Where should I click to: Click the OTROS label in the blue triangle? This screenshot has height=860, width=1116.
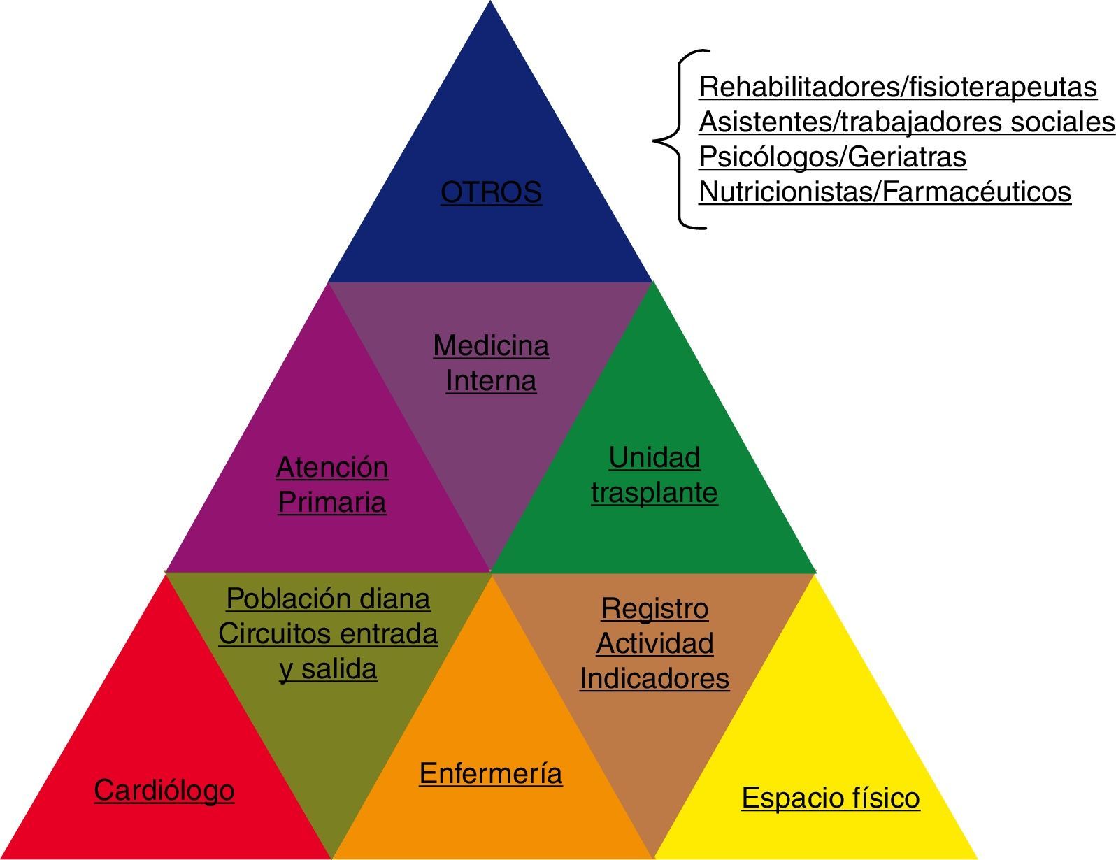click(491, 192)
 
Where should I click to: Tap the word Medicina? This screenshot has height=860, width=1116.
click(491, 345)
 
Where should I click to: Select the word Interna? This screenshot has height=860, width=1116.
click(491, 381)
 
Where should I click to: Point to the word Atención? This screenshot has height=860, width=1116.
click(332, 467)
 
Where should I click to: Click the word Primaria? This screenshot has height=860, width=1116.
click(332, 502)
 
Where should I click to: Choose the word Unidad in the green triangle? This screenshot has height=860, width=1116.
click(654, 457)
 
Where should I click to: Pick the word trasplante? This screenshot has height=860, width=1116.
click(654, 492)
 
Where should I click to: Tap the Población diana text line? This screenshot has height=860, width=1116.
click(328, 599)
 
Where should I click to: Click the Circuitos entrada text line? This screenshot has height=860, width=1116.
click(328, 633)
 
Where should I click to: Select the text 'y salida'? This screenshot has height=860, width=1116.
click(328, 668)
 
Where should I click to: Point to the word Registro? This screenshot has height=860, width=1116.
click(654, 608)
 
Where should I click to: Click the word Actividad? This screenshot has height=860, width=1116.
click(654, 643)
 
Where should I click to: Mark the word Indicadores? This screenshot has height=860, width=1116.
click(654, 678)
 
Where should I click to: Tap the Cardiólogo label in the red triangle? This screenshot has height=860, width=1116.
click(164, 791)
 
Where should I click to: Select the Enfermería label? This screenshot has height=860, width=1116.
click(491, 773)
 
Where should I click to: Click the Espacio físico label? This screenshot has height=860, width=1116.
click(831, 798)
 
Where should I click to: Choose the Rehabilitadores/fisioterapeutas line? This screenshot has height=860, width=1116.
click(898, 87)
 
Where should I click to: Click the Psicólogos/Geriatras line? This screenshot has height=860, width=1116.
click(832, 157)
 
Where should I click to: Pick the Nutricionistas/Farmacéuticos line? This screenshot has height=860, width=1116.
click(885, 192)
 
